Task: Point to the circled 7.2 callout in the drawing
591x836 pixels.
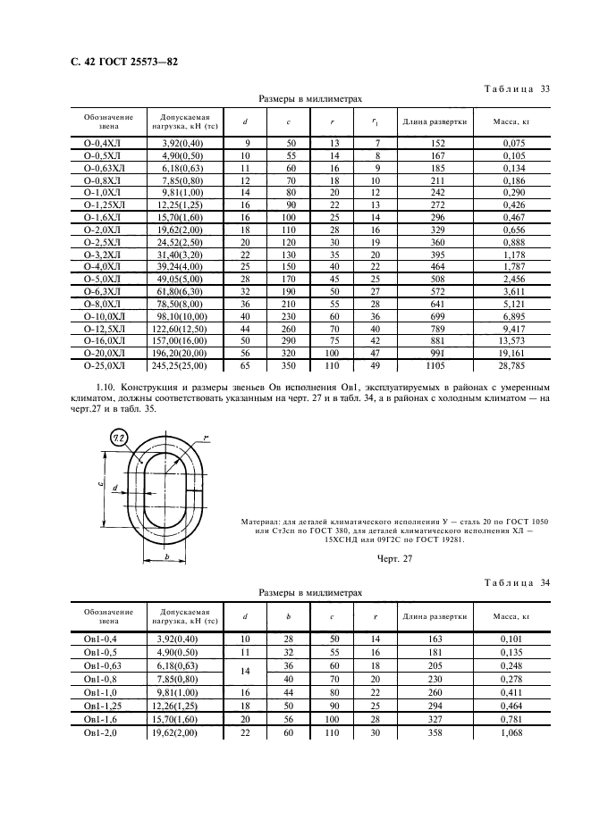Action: point(120,437)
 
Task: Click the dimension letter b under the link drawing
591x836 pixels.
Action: point(166,557)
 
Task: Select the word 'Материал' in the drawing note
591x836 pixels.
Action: point(265,520)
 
